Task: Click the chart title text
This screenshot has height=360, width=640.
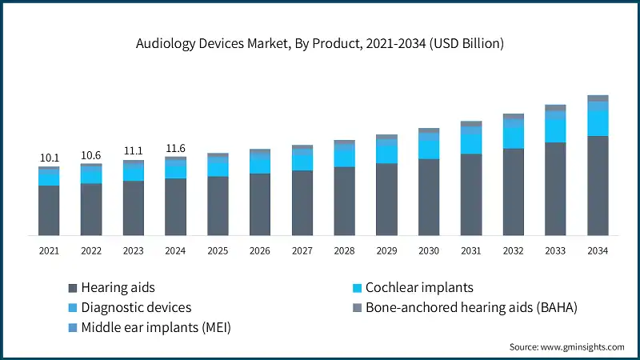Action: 320,44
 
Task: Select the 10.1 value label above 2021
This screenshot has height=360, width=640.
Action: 50,158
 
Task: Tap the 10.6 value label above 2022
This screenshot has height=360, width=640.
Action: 91,155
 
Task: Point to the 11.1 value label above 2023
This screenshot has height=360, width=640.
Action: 134,151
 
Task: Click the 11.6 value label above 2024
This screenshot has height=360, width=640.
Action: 175,148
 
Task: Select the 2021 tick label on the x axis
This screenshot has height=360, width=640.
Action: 50,251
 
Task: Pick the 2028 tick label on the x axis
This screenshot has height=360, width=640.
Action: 344,251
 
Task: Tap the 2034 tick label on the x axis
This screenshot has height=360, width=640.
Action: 597,251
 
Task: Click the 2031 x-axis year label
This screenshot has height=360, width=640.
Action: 470,251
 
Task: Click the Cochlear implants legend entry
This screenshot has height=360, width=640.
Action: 414,287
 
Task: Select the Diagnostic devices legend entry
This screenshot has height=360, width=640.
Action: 130,306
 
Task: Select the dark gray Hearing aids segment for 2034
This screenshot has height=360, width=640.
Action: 598,186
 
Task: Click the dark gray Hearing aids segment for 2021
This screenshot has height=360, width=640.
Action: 50,210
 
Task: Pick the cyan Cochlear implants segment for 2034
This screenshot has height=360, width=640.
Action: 598,123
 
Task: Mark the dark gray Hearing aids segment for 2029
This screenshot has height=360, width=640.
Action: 386,199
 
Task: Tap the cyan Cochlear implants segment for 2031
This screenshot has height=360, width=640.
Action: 471,143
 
